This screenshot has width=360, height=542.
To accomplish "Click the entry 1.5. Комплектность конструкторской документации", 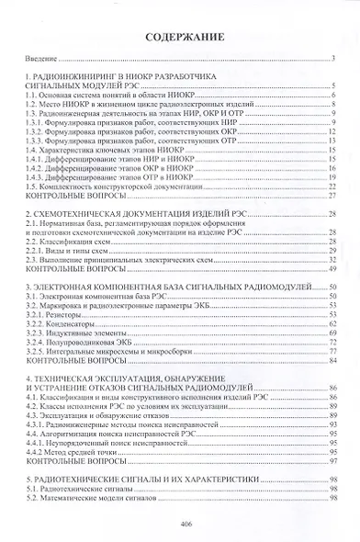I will (102, 185).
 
